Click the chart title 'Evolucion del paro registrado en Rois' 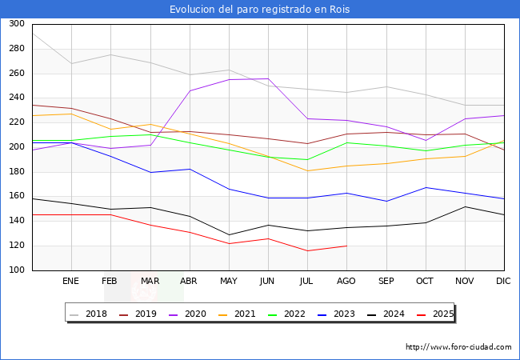click(x=259, y=9)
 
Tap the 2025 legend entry click(x=440, y=314)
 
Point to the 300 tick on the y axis click(x=15, y=24)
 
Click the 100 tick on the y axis click(x=15, y=270)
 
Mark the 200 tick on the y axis click(x=15, y=147)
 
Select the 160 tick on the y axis click(x=15, y=197)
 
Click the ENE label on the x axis click(x=71, y=282)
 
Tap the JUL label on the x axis click(x=307, y=282)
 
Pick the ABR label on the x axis click(x=189, y=282)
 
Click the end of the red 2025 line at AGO click(x=346, y=246)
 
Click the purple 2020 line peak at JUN click(x=268, y=78)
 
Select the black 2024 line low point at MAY click(x=229, y=234)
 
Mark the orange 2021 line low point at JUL click(x=307, y=170)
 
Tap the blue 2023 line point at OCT click(x=426, y=187)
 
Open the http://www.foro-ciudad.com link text click(x=458, y=347)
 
